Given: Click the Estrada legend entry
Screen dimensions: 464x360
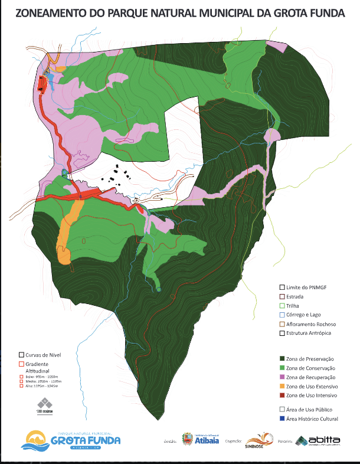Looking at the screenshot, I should point(294,296).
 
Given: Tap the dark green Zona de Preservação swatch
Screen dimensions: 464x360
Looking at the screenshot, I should point(281,358).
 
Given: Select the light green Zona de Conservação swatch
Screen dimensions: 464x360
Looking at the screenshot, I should point(281,368).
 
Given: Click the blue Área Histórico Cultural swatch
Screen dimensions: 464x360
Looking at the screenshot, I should point(281,419).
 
